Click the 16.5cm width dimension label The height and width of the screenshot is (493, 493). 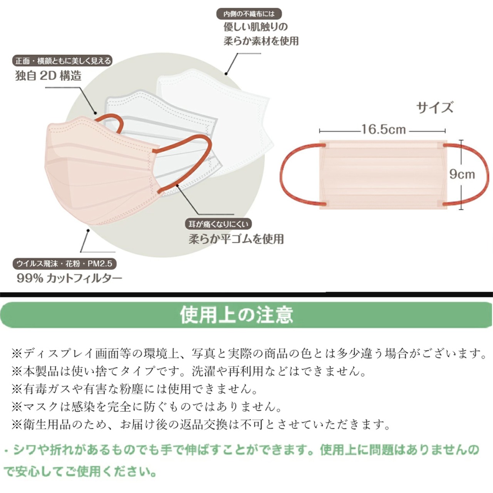pyautogui.click(x=383, y=129)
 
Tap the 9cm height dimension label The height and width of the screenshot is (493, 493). pyautogui.click(x=462, y=174)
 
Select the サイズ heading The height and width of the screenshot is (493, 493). pyautogui.click(x=435, y=107)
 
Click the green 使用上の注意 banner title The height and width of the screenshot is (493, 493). pyautogui.click(x=236, y=315)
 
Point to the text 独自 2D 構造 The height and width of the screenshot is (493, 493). pyautogui.click(x=49, y=76)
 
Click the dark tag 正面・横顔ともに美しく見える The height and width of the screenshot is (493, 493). pyautogui.click(x=63, y=61)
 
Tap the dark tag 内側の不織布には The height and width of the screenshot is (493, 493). pyautogui.click(x=249, y=14)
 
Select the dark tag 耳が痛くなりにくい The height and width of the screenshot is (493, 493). pyautogui.click(x=218, y=224)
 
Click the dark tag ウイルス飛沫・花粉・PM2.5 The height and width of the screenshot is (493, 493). pyautogui.click(x=64, y=264)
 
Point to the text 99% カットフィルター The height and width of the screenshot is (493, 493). pyautogui.click(x=69, y=278)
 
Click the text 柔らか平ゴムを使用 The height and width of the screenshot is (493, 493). pyautogui.click(x=236, y=239)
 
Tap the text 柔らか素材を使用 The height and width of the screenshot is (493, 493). pyautogui.click(x=261, y=41)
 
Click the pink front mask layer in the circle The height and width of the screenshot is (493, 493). pyautogui.click(x=96, y=173)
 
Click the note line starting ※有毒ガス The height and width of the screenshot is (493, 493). pyautogui.click(x=135, y=389)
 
